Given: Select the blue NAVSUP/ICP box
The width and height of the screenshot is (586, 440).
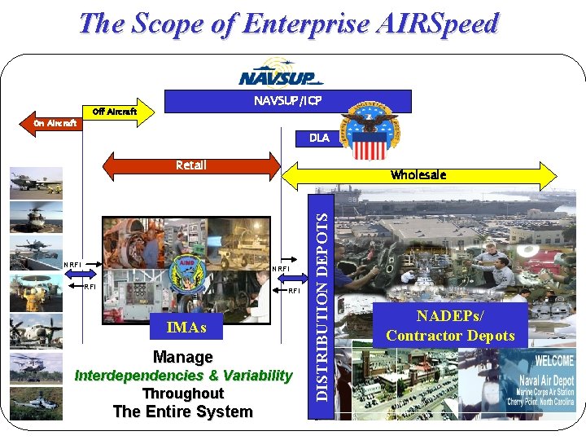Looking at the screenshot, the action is pyautogui.click(x=287, y=101).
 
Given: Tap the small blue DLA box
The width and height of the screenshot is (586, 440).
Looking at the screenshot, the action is pyautogui.click(x=319, y=138).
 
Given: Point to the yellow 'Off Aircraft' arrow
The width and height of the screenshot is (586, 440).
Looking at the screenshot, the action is pyautogui.click(x=119, y=112).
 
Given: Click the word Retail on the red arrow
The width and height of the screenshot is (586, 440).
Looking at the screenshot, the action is pyautogui.click(x=191, y=165).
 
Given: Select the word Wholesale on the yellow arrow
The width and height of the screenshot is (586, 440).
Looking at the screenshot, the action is pyautogui.click(x=418, y=175).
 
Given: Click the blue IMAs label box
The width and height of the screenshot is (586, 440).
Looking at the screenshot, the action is pyautogui.click(x=186, y=328).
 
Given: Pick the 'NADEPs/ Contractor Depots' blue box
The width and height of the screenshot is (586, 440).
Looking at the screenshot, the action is pyautogui.click(x=450, y=326).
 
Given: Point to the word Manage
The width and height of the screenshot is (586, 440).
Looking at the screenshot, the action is pyautogui.click(x=183, y=357).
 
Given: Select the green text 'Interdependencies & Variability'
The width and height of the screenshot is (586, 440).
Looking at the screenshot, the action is pyautogui.click(x=183, y=376).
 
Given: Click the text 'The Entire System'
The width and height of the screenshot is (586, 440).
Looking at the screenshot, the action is pyautogui.click(x=183, y=411).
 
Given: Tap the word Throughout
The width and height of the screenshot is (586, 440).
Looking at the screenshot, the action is pyautogui.click(x=183, y=394).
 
